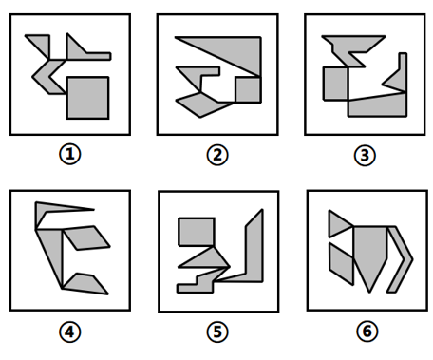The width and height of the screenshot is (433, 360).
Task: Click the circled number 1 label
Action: click(x=70, y=155)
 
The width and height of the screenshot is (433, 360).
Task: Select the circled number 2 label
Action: click(x=217, y=155)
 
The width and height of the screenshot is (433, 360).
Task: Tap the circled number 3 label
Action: click(x=365, y=155)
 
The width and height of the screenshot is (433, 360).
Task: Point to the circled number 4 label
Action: click(x=70, y=332)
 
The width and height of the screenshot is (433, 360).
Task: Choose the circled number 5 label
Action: click(x=217, y=332)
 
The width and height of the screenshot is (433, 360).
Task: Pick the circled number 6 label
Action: click(x=367, y=332)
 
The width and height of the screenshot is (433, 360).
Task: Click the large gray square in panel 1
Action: click(x=87, y=98)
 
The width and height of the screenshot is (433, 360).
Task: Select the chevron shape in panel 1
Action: click(x=41, y=77)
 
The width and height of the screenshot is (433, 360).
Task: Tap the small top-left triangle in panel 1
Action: click(x=42, y=43)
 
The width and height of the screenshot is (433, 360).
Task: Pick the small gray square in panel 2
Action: click(x=248, y=89)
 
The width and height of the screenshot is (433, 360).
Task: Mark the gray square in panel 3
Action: click(x=335, y=84)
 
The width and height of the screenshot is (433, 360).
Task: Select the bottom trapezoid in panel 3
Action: click(x=377, y=106)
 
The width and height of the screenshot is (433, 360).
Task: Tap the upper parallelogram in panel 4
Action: click(x=86, y=237)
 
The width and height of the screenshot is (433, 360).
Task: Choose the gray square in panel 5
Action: click(x=197, y=232)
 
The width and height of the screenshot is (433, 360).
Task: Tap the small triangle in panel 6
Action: click(x=338, y=224)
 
